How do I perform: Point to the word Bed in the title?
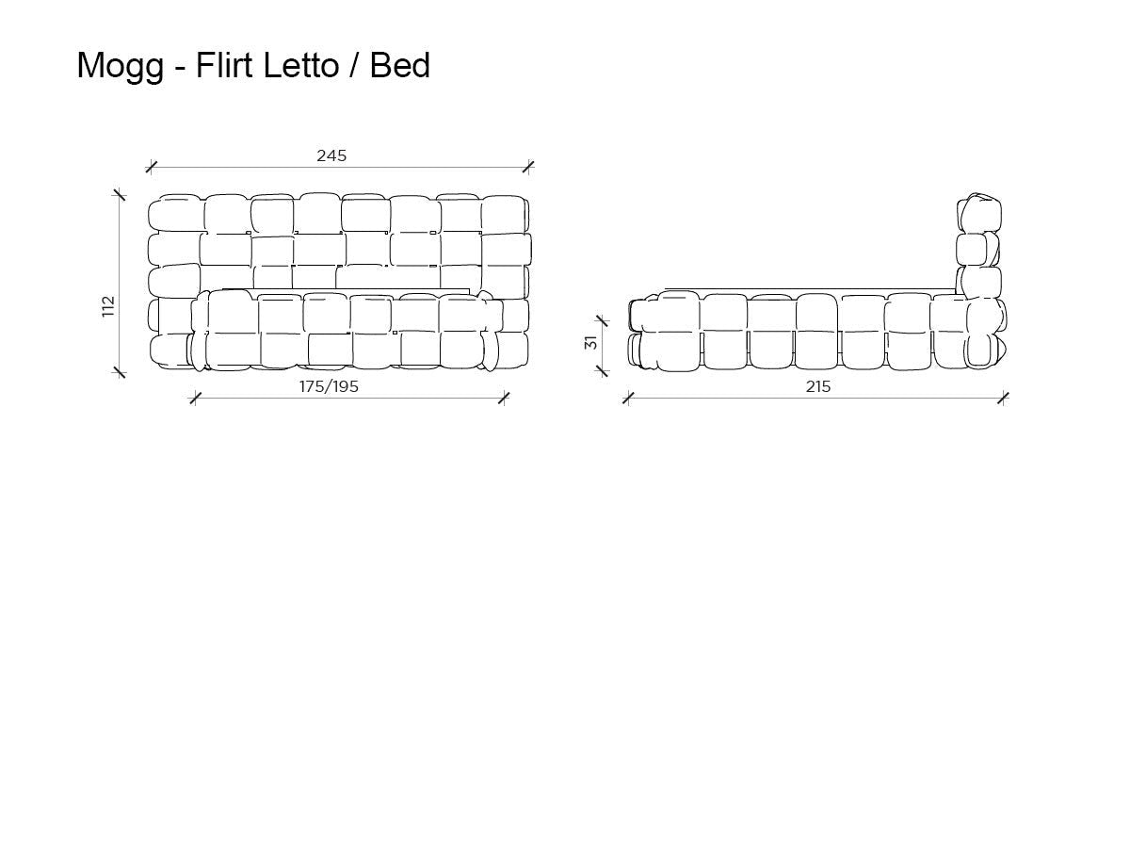tap(399, 65)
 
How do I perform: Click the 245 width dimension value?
tap(331, 155)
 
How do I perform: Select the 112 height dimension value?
tap(109, 306)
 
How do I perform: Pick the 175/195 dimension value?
tap(329, 386)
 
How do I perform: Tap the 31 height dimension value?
tap(591, 342)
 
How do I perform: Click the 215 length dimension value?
tap(818, 386)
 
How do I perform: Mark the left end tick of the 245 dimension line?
tap(151, 168)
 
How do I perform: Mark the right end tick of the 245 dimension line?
tap(527, 168)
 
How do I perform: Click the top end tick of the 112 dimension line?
tap(120, 195)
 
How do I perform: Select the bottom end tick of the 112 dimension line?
tap(120, 371)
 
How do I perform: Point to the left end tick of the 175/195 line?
tap(195, 399)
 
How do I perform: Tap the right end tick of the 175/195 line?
tap(503, 399)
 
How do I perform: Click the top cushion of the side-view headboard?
tap(980, 213)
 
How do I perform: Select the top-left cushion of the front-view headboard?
tap(175, 213)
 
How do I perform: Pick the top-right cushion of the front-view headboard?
tap(503, 213)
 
